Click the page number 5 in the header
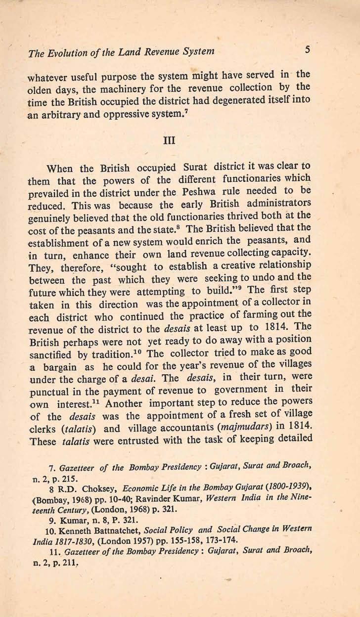[x=307, y=50]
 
